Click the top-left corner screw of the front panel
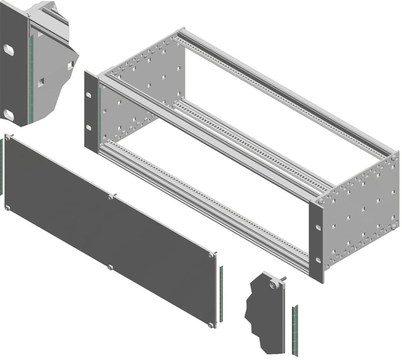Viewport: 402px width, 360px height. click(8, 137)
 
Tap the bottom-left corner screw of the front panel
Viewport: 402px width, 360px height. click(7, 208)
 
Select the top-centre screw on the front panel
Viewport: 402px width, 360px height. click(111, 196)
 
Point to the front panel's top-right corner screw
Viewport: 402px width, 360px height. click(213, 255)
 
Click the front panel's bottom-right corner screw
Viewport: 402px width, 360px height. click(211, 325)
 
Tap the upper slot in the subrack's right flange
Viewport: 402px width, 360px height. click(317, 227)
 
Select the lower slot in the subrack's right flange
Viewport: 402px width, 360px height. click(317, 260)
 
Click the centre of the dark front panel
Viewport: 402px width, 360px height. click(108, 231)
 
